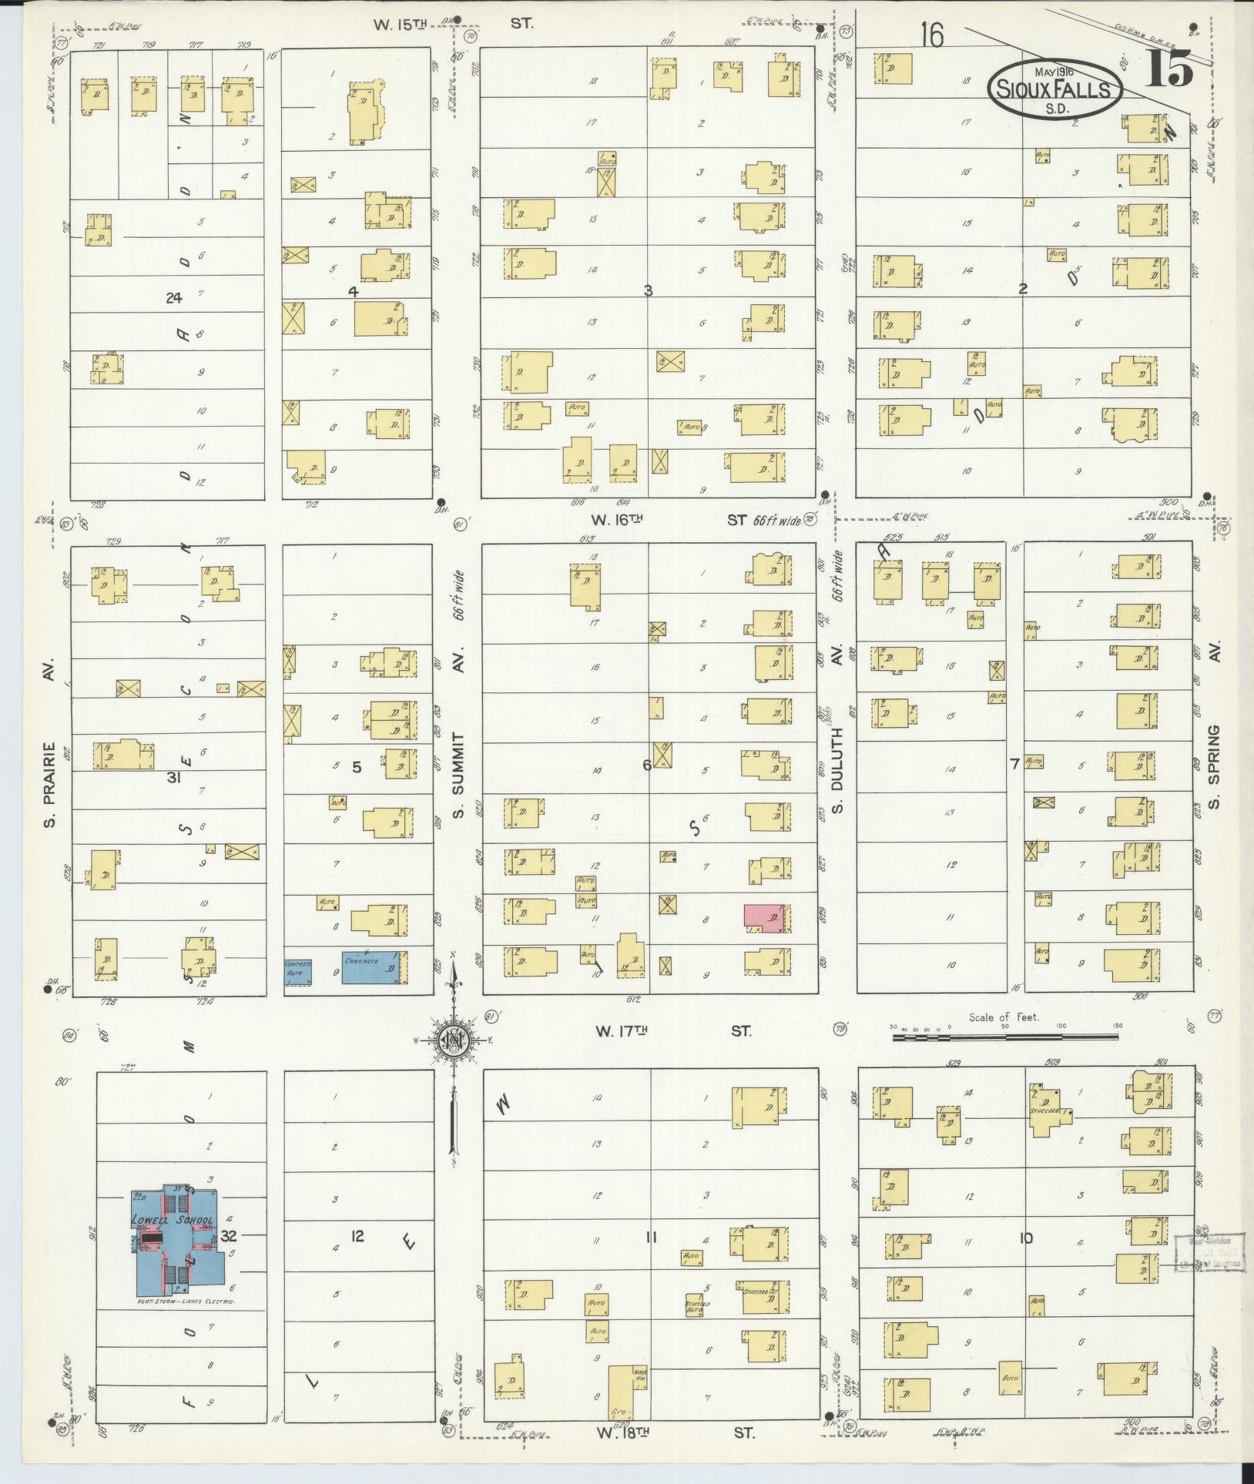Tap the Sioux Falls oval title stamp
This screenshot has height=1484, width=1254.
click(1054, 90)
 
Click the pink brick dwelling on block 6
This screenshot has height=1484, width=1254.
click(763, 917)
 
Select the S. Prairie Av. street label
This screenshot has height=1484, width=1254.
click(51, 785)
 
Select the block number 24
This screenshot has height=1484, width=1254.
click(174, 297)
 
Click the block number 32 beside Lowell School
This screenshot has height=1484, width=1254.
click(229, 1236)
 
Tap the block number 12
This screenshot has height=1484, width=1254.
click(357, 1237)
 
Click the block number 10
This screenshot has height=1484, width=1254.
click(1025, 1238)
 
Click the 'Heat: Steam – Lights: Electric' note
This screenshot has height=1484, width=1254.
click(185, 1301)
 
